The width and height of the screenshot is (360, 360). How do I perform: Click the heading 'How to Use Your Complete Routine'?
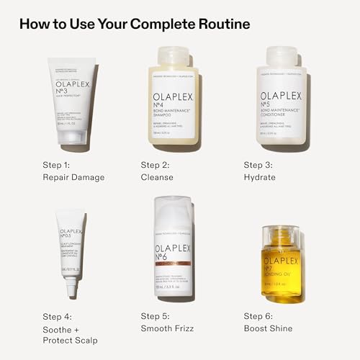[134, 24]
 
